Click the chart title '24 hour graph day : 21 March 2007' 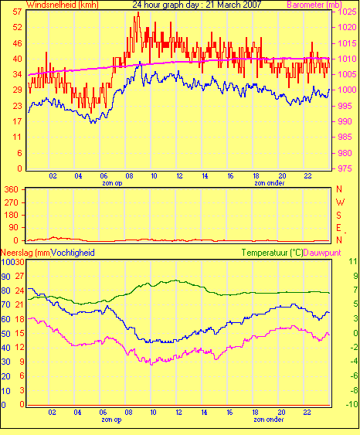pyautogui.click(x=197, y=5)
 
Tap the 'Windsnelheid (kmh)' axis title pyautogui.click(x=63, y=5)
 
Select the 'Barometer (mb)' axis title pyautogui.click(x=314, y=5)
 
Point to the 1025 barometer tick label pyautogui.click(x=347, y=12)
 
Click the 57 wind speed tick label pyautogui.click(x=18, y=12)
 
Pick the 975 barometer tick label pyautogui.click(x=345, y=168)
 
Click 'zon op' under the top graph pyautogui.click(x=112, y=183)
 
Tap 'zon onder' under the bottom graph pyautogui.click(x=269, y=420)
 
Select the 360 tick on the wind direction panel pyautogui.click(x=11, y=190)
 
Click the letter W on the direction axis pyautogui.click(x=340, y=202)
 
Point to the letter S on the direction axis pyautogui.click(x=338, y=216)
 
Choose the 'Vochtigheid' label pyautogui.click(x=73, y=253)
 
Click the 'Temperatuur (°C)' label pyautogui.click(x=272, y=253)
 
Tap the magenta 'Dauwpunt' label pyautogui.click(x=322, y=253)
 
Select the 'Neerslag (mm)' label pyautogui.click(x=25, y=253)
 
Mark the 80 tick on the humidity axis pyautogui.click(x=6, y=291)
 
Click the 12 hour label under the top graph pyautogui.click(x=179, y=176)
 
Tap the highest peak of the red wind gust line pyautogui.click(x=138, y=12)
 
